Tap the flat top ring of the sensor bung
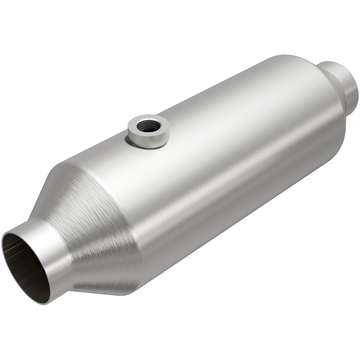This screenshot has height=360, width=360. click(158, 121)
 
